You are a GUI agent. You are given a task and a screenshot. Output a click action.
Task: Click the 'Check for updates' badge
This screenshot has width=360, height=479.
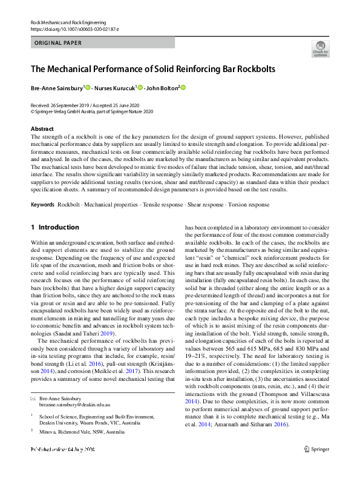tap(320, 48)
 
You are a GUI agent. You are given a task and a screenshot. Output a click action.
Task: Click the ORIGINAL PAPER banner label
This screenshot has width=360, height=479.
tap(58, 43)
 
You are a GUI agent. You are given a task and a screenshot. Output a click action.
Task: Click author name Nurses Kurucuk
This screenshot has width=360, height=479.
tap(116, 88)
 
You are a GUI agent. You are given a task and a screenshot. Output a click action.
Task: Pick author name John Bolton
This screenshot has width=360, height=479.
tap(162, 88)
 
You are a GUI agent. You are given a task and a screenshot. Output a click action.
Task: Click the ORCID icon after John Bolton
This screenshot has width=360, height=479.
tap(183, 88)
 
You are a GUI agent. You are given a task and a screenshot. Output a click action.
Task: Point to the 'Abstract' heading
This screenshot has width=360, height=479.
tap(42, 129)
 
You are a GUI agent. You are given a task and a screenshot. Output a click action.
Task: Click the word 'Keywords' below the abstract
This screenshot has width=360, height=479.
tap(43, 205)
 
